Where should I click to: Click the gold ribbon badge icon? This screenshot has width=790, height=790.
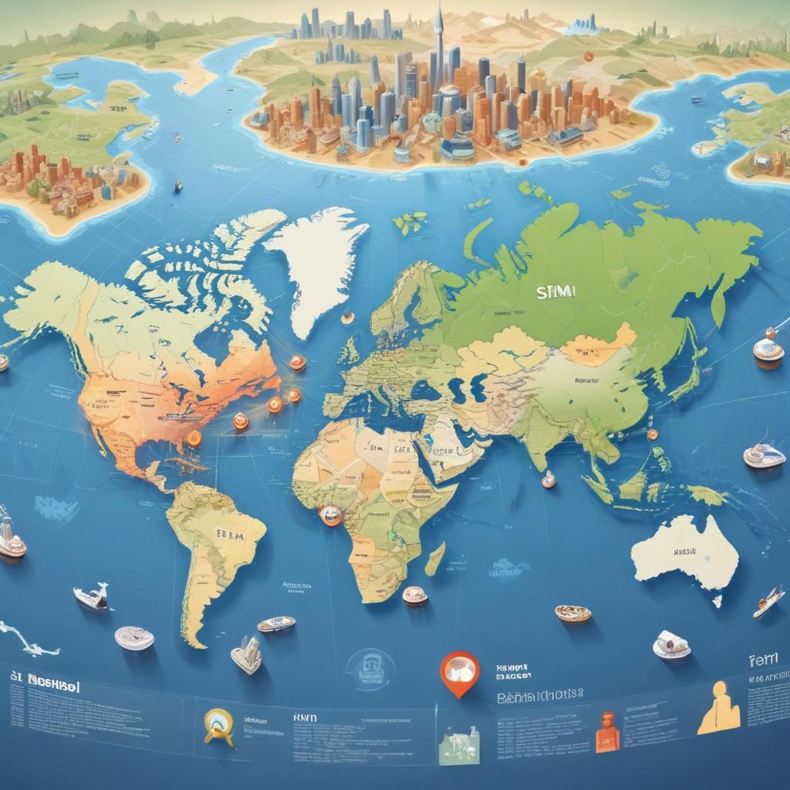[x=218, y=726]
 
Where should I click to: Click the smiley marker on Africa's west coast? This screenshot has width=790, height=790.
[x=331, y=515]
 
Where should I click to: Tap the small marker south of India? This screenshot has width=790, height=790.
[x=548, y=479]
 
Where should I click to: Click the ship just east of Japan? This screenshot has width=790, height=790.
[x=768, y=351]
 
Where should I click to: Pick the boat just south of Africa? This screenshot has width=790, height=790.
[x=415, y=596]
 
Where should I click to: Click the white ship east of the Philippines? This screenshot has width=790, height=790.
[x=763, y=456]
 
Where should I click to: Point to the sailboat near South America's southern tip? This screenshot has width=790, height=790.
[x=247, y=654]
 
